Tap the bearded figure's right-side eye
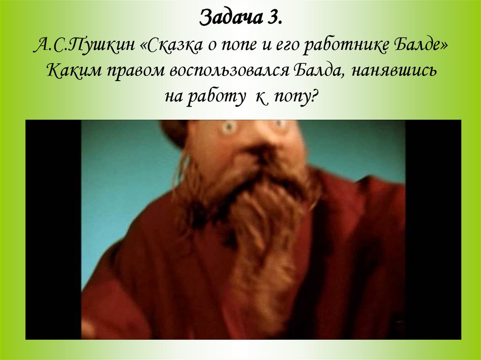(280, 124)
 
